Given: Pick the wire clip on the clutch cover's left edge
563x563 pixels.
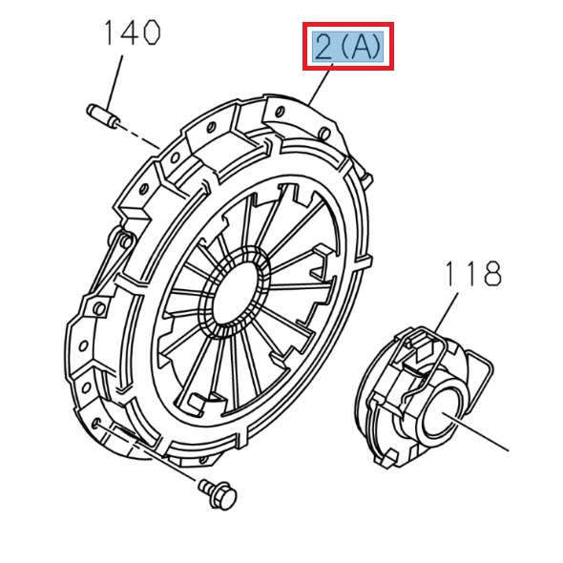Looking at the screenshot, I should [119, 252].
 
